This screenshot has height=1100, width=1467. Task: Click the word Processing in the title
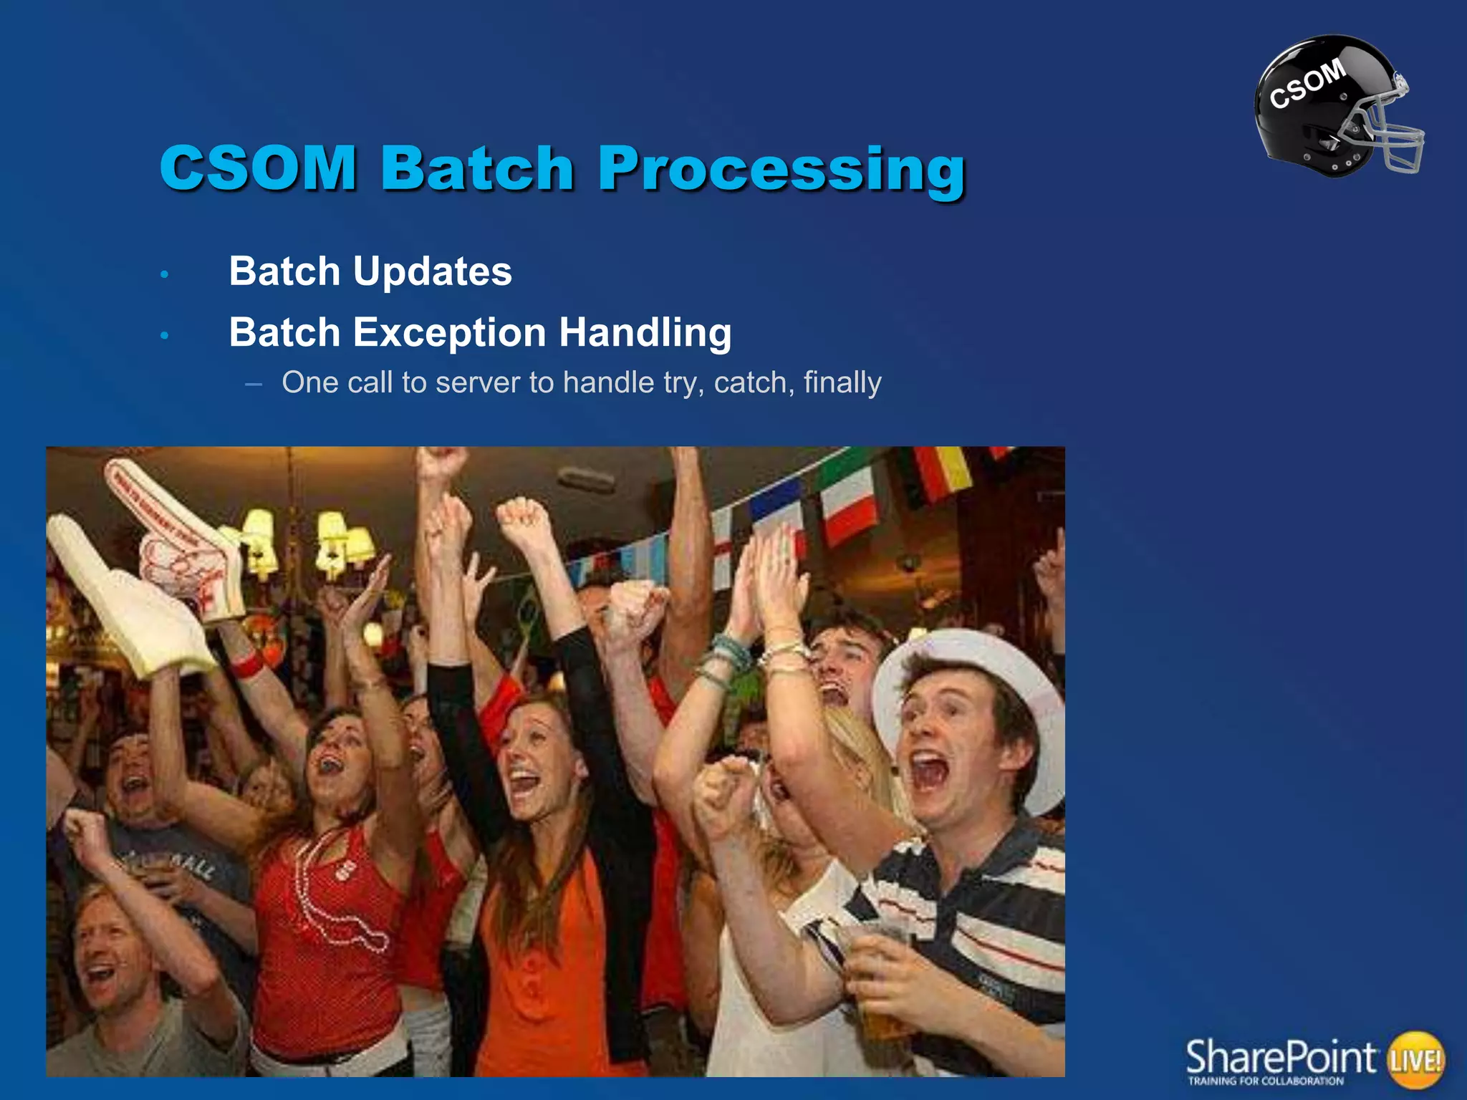(x=782, y=169)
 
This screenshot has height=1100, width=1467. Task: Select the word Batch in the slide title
(x=477, y=169)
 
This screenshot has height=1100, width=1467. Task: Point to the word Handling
(x=645, y=333)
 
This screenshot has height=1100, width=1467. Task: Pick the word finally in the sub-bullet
(x=842, y=382)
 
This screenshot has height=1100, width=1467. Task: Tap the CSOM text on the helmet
(x=1307, y=84)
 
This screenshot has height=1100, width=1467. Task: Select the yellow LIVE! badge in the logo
(x=1415, y=1059)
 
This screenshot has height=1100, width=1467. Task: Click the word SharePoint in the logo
(x=1281, y=1056)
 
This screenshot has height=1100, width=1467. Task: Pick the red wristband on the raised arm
(x=247, y=665)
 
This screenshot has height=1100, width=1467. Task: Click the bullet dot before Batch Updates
(x=164, y=274)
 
